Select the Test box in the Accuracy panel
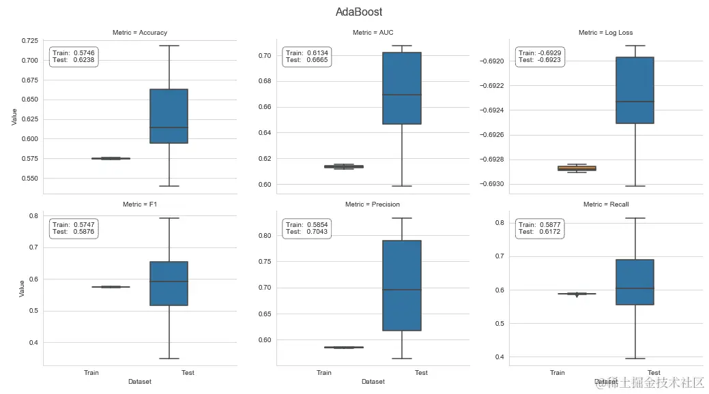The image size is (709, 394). pos(169,116)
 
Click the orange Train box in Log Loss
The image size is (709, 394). pos(577,168)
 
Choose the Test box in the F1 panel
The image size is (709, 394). pos(169,283)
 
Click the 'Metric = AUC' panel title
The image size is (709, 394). pos(373,33)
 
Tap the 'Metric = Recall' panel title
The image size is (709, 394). pos(606,204)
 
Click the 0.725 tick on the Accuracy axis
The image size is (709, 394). pos(29,41)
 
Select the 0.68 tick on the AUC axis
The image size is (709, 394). pos(262,81)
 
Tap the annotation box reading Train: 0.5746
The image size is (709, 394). pos(73,57)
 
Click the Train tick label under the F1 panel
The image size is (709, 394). pos(91,373)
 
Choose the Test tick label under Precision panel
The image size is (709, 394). pos(421,373)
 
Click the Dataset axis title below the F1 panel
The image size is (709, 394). pos(140,382)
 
